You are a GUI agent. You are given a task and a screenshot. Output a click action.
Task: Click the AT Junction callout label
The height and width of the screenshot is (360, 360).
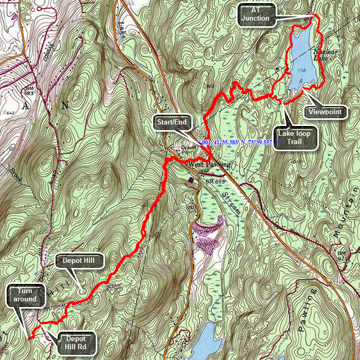click(x=257, y=14)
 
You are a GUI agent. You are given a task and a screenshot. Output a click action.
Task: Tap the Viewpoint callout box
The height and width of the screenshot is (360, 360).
click(x=327, y=112)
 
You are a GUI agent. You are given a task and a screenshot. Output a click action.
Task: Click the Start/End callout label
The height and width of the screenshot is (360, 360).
click(x=173, y=123)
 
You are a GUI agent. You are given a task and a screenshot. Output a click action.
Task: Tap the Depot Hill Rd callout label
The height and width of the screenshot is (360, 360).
click(x=79, y=342)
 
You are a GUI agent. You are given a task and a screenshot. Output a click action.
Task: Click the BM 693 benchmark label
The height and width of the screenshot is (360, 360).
click(x=216, y=182)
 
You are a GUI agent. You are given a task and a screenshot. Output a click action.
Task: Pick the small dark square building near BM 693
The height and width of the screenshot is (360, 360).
click(x=192, y=180)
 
